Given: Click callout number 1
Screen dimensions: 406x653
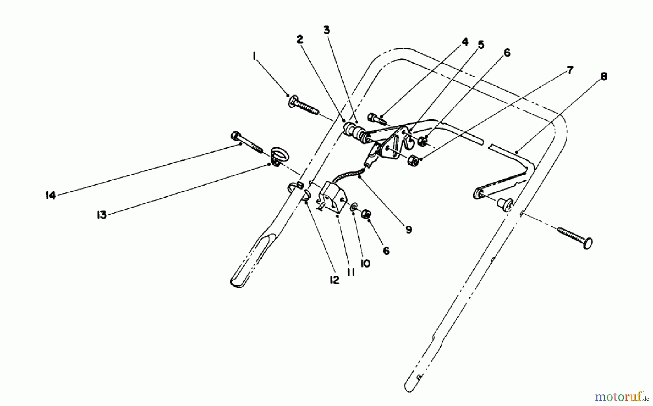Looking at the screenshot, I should click(x=254, y=56).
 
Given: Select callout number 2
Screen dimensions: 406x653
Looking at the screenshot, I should click(x=300, y=39).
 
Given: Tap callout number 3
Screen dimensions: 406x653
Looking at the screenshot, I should click(x=326, y=31).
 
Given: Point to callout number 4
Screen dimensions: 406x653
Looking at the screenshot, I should click(x=465, y=42).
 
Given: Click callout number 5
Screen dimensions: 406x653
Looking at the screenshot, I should click(x=481, y=45).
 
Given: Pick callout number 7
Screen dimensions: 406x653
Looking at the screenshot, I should click(x=570, y=70).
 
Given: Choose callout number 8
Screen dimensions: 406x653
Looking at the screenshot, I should click(x=604, y=77).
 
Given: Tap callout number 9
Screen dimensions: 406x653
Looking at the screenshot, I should click(x=409, y=230).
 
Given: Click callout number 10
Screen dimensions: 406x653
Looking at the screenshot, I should click(x=365, y=264).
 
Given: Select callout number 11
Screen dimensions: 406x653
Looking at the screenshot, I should click(x=350, y=272).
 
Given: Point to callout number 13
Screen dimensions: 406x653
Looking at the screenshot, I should click(x=102, y=215).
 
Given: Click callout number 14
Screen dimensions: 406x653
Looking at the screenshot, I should click(x=50, y=196).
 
